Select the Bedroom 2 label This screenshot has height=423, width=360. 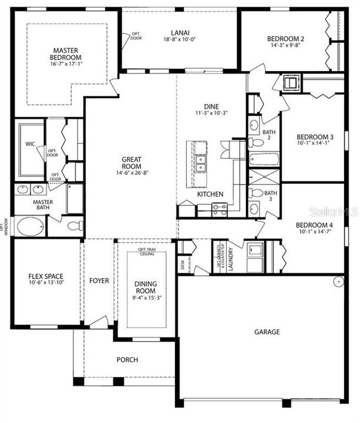(285, 39)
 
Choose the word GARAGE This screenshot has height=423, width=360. (267, 331)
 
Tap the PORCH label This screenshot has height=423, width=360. (127, 360)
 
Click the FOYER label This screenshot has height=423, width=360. (99, 281)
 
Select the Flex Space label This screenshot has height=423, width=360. (46, 276)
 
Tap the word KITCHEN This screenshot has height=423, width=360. (210, 194)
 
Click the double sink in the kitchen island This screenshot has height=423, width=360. (200, 162)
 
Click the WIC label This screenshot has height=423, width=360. (30, 143)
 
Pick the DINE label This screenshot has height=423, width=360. (211, 106)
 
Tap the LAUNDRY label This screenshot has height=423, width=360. (231, 257)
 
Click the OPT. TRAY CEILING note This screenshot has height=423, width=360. (146, 252)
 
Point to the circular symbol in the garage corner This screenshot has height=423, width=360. (338, 281)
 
